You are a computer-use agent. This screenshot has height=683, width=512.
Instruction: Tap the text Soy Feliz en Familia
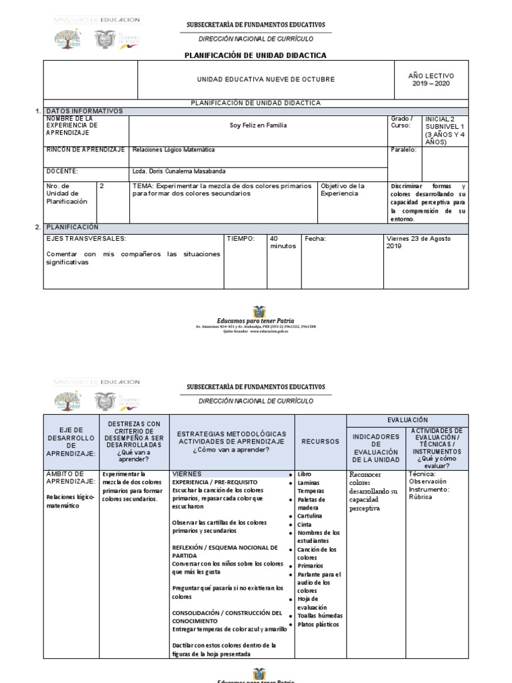258,125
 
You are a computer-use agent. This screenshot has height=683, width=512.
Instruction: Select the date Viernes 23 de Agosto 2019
419,242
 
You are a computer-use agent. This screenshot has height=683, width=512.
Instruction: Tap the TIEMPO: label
241,239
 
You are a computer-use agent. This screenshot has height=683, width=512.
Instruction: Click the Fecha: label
315,239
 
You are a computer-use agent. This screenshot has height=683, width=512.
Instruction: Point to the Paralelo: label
403,150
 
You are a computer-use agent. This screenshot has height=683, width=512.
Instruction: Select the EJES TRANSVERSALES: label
85,239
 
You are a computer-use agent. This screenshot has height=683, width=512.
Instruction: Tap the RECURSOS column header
319,442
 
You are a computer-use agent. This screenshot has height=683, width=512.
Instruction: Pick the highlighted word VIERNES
187,474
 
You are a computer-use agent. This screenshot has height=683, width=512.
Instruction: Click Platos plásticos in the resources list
318,624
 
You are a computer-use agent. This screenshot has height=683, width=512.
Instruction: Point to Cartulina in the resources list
309,516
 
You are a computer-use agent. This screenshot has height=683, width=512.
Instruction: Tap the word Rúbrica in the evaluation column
421,497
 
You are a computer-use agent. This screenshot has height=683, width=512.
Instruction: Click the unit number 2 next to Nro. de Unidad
102,187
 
